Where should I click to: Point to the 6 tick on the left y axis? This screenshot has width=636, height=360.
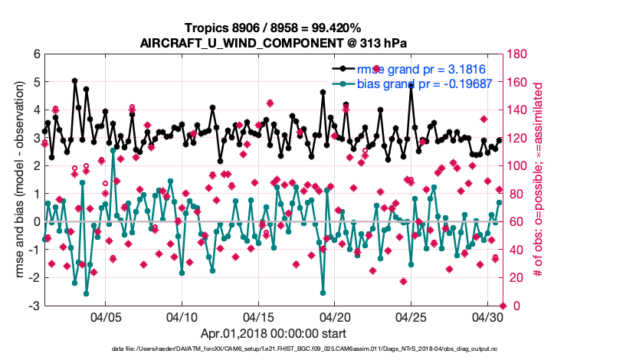tap(35, 54)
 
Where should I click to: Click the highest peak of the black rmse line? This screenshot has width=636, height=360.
tap(74, 80)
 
